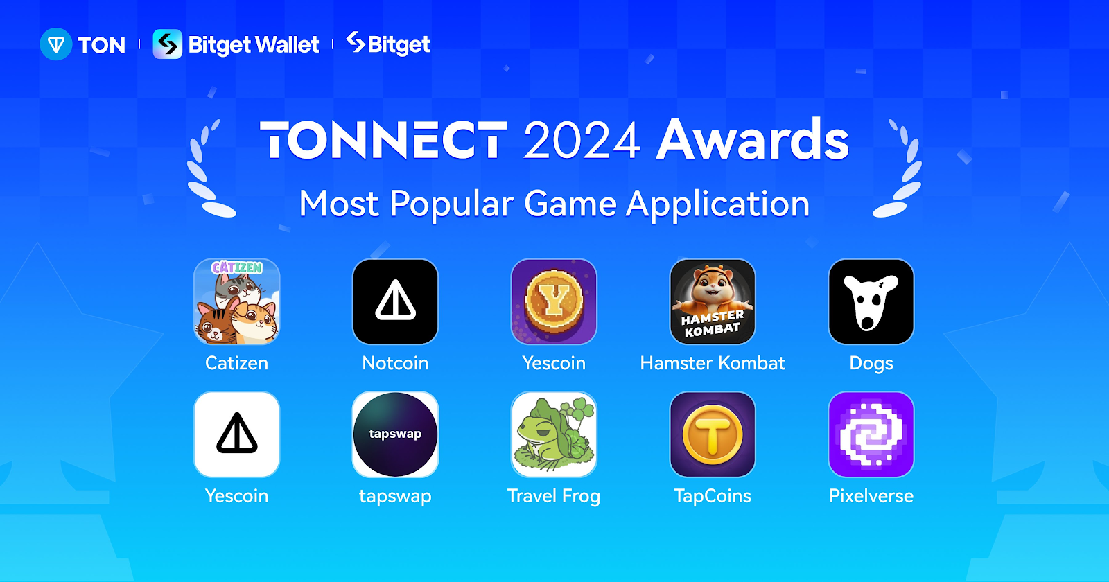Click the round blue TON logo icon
(x=56, y=44)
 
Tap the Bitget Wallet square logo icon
(x=167, y=44)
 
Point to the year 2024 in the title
(x=582, y=141)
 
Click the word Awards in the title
(x=753, y=139)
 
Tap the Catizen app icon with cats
(x=236, y=301)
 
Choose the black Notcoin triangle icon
(x=395, y=301)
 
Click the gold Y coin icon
(x=554, y=301)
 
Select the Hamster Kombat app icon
(x=713, y=301)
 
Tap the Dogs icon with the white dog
(x=871, y=301)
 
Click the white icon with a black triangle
(x=236, y=434)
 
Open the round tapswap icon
(x=395, y=434)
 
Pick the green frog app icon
(x=554, y=434)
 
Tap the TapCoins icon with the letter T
(x=713, y=434)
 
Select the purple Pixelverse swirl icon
(x=871, y=434)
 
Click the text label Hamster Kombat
(x=713, y=363)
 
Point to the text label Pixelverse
(x=871, y=496)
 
